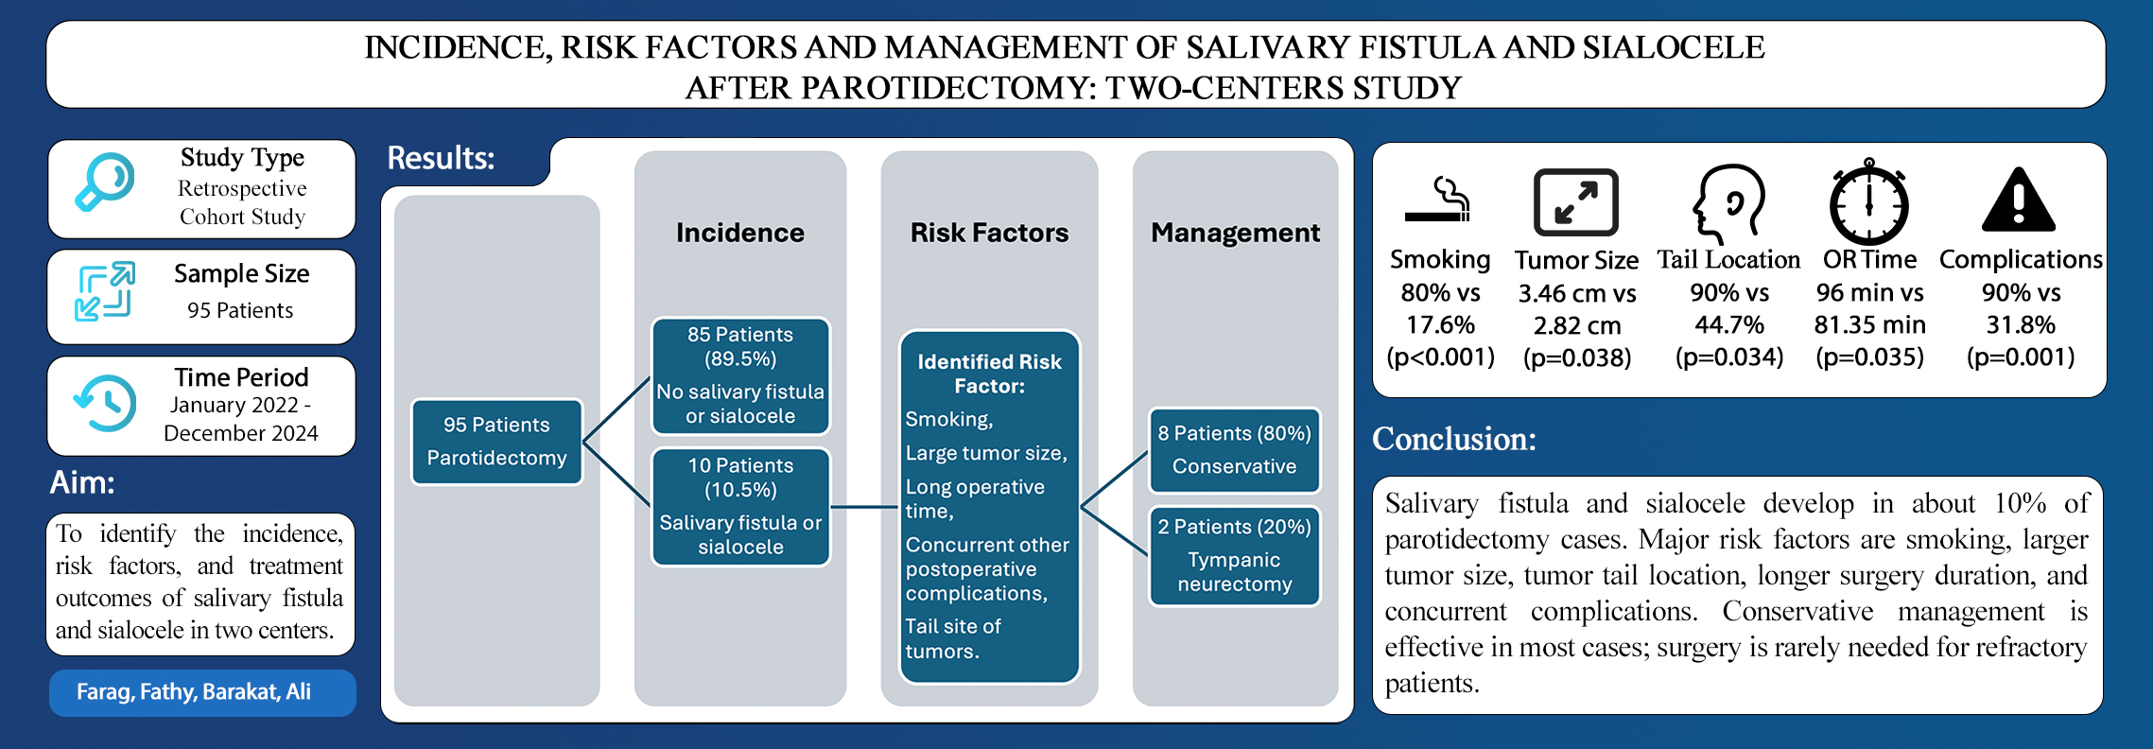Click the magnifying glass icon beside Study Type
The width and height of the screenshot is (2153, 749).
point(105,182)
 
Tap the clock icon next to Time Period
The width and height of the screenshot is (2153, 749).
point(105,403)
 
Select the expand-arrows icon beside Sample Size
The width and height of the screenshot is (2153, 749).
point(105,291)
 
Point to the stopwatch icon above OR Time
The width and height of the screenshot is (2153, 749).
point(1868,202)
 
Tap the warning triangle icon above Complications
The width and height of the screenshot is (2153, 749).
point(2018,200)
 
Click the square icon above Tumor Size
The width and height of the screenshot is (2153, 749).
point(1575,201)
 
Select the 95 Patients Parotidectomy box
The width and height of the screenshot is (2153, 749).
point(496,442)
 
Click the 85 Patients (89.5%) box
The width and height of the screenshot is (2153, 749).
point(740,375)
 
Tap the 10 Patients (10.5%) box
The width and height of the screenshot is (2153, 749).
point(740,506)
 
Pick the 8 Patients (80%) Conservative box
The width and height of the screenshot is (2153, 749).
point(1234,450)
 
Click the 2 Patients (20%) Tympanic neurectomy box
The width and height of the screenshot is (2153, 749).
point(1234,556)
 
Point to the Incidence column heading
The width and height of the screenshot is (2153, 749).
point(740,233)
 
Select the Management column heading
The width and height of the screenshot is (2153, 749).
point(1235,233)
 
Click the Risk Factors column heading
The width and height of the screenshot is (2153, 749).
point(989,233)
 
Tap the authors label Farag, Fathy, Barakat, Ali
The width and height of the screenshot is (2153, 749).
point(194,692)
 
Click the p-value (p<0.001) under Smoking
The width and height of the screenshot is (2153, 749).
point(1440,357)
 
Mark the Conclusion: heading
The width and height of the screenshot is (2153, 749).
point(1454,439)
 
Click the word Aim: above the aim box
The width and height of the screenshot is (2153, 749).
point(82,483)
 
